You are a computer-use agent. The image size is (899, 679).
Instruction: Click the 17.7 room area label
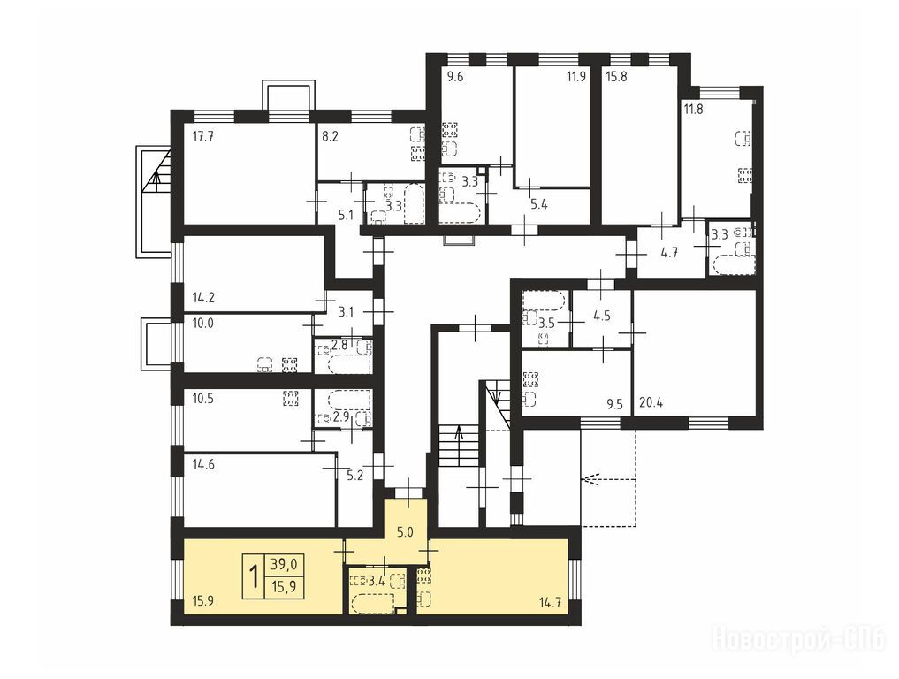point(203,136)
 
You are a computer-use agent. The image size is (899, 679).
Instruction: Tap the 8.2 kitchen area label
point(331,136)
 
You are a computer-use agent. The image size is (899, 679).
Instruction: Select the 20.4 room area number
point(651,402)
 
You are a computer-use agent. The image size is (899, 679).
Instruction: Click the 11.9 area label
point(575,76)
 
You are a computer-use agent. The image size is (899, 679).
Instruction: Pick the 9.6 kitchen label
point(454,76)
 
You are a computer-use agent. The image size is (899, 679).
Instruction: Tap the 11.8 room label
point(693,109)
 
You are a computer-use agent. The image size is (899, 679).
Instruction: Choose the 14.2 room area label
point(203,298)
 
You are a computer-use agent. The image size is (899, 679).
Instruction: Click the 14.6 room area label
point(203,464)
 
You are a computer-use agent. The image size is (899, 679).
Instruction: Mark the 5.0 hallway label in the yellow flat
point(405,532)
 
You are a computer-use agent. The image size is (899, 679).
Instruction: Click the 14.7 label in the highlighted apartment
point(549,603)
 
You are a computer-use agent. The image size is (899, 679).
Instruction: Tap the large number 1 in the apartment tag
point(254,576)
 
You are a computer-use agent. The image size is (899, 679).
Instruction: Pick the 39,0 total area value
point(285,565)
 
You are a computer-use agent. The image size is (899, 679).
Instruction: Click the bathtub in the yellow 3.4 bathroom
point(372,603)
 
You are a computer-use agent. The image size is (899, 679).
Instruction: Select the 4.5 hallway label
point(602,317)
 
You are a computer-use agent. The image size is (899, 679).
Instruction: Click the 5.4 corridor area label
point(539,204)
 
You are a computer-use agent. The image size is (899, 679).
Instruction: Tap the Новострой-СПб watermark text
point(799,639)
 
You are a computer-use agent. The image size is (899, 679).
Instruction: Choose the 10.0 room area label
point(203,323)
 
